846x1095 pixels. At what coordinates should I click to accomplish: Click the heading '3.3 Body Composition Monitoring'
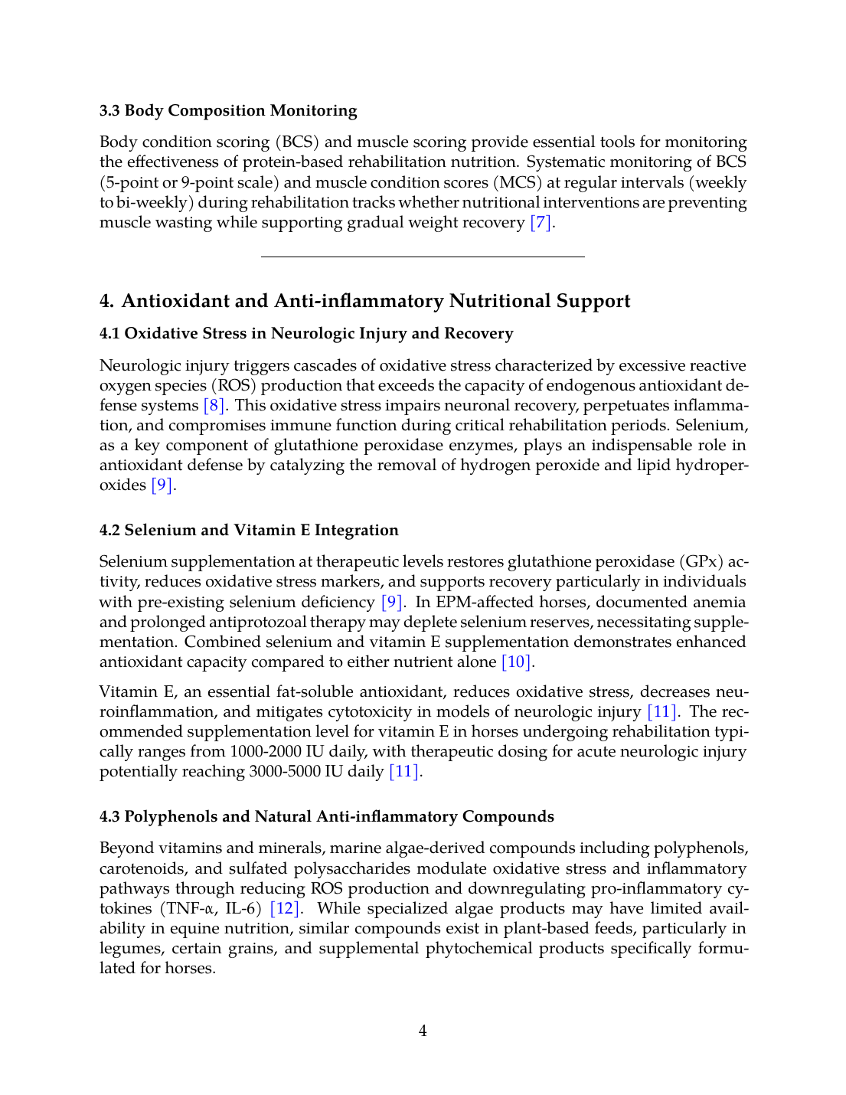(x=228, y=110)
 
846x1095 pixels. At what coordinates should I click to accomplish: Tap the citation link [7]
(x=541, y=223)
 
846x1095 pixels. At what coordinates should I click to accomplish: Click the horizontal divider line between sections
(x=423, y=257)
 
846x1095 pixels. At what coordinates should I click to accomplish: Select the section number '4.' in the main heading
(x=107, y=301)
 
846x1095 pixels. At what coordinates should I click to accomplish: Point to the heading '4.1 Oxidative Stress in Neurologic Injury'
(x=306, y=333)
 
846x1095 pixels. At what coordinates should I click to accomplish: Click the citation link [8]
(x=214, y=406)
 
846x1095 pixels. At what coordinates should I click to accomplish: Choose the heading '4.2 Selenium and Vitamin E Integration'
(x=249, y=530)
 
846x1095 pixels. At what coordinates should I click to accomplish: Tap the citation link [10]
(x=517, y=662)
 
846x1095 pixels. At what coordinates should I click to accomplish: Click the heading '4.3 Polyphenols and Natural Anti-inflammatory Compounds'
(x=327, y=816)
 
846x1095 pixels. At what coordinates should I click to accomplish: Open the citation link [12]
(x=286, y=909)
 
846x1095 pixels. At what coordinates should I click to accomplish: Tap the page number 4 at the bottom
(x=423, y=1031)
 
